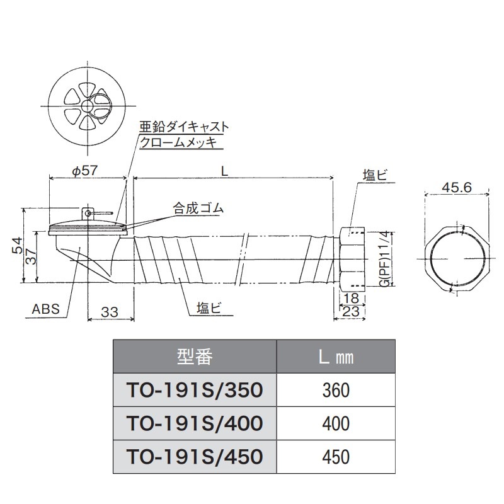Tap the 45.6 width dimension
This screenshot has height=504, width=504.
457,187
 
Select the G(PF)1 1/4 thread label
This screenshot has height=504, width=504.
385,258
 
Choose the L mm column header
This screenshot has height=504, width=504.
335,357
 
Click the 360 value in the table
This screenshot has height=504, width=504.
335,391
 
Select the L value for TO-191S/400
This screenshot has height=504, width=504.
335,423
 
